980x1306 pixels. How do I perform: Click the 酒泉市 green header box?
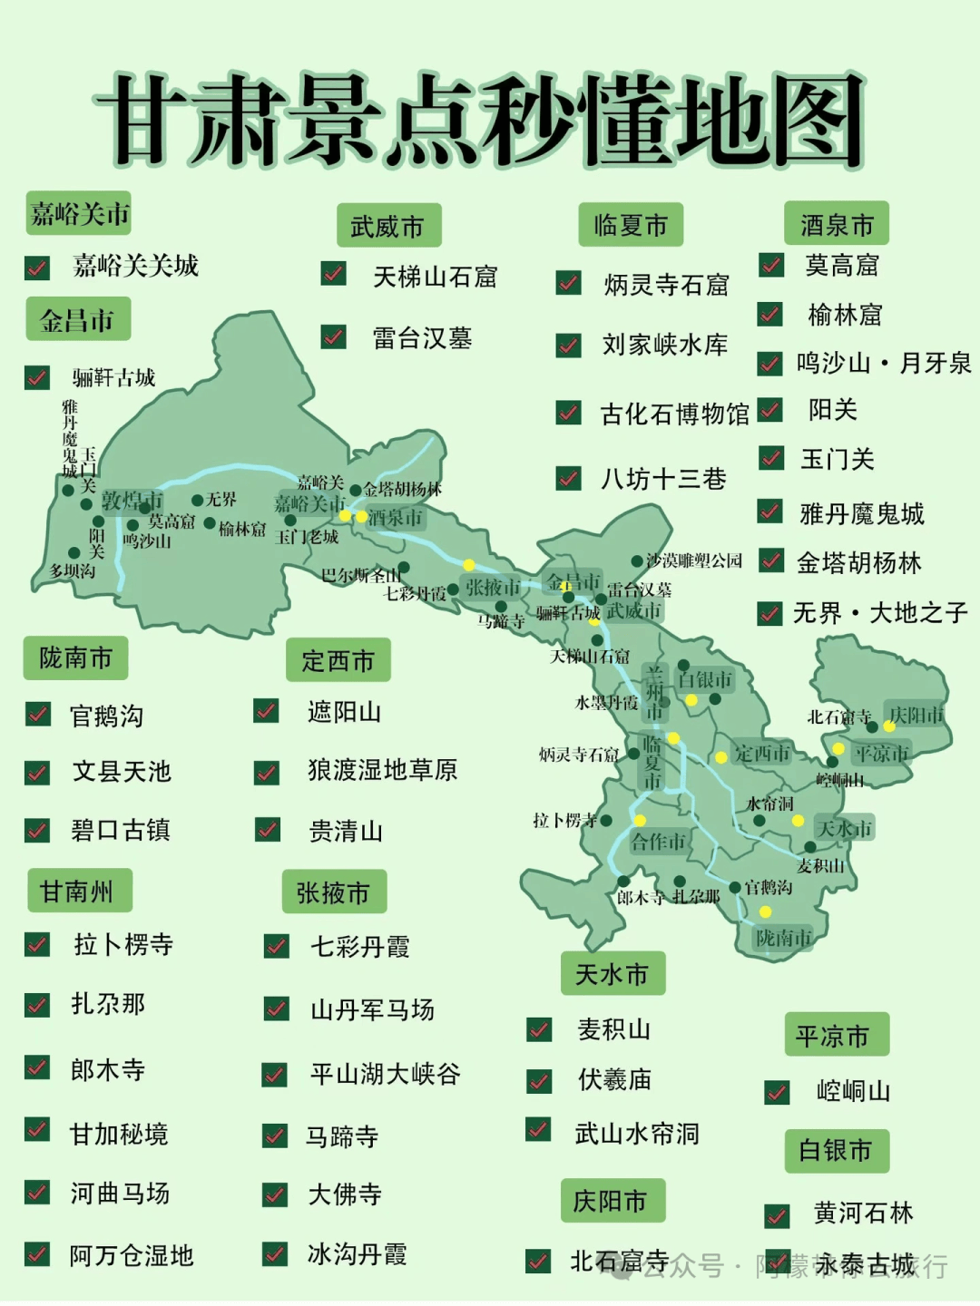point(836,224)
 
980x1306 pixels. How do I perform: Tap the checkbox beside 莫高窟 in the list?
point(771,265)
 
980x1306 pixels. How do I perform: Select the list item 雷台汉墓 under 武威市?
point(422,338)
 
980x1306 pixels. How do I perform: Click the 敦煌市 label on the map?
point(132,501)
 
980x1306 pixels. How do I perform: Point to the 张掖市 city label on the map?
point(494,587)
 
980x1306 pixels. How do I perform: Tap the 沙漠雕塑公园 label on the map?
point(694,560)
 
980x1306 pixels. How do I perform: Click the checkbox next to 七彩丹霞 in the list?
point(276,946)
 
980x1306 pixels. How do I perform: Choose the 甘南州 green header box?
point(79,892)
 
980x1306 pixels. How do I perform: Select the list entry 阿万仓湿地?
point(132,1255)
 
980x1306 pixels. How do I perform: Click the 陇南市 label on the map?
point(784,937)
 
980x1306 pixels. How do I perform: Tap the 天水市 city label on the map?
point(844,828)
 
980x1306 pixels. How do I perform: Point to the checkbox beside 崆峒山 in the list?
point(777,1092)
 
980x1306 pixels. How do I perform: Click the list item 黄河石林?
point(863,1213)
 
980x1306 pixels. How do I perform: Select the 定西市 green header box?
point(338,660)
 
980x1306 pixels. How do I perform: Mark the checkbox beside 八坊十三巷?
point(569,478)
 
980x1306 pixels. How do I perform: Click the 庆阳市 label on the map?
point(916,715)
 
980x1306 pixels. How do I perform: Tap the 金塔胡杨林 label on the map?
point(402,489)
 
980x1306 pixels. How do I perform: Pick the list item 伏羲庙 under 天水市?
point(614,1079)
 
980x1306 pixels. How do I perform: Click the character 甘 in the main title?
point(145,120)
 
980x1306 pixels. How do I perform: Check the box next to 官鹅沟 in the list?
point(38,715)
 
